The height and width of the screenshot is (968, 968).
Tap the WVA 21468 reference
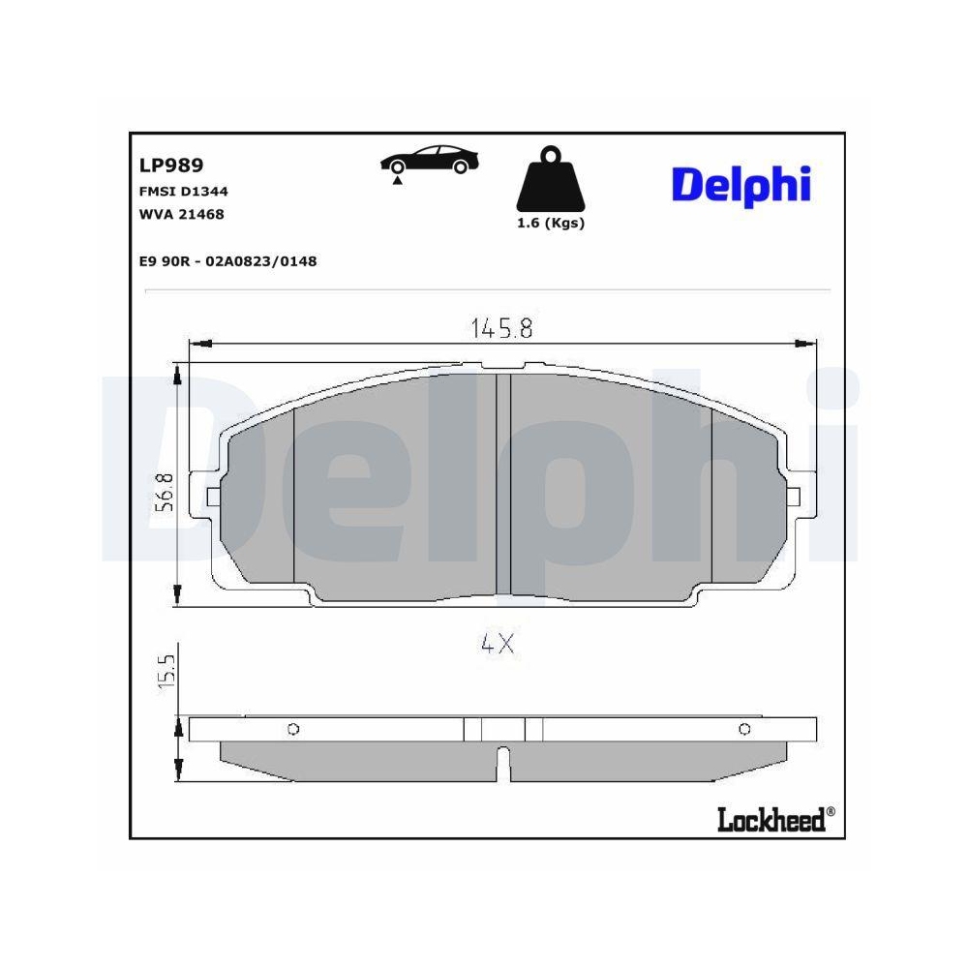coord(181,214)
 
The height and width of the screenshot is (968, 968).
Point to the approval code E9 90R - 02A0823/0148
coord(228,260)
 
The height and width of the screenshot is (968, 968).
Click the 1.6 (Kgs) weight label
coord(551,223)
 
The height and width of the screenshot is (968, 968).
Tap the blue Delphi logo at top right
coord(741,184)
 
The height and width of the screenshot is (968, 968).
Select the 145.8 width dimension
coord(502,328)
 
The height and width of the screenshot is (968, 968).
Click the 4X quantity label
coord(497,644)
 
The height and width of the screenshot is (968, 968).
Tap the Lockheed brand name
coord(771,820)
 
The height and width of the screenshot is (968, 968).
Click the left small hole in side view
coord(293,729)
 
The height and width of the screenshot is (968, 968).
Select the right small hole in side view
coord(744,729)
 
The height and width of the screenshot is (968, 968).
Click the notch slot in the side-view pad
coord(502,764)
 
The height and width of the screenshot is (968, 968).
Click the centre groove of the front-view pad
coord(502,484)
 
